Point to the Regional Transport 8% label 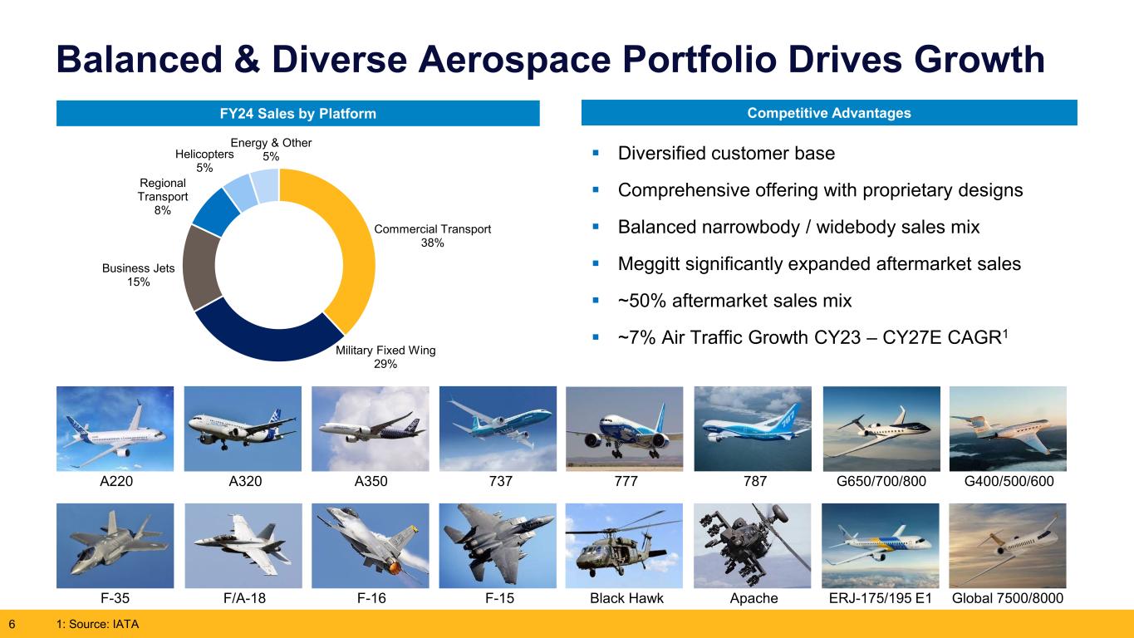pos(163,196)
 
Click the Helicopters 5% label pos(204,161)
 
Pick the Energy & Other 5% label pos(271,150)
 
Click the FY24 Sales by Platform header pos(297,114)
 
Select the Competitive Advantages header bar pos(828,113)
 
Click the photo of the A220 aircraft pos(115,429)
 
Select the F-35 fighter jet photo pos(115,545)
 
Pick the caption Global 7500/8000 pos(1008,598)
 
